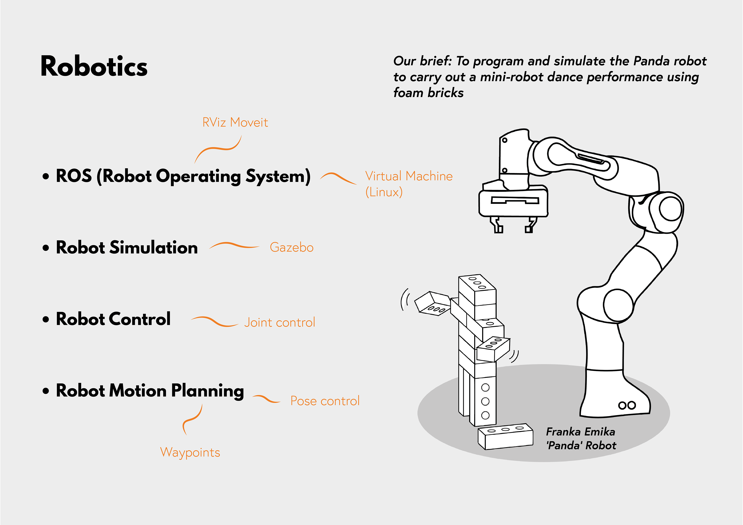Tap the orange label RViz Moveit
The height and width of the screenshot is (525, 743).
(235, 122)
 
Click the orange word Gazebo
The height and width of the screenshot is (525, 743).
(292, 248)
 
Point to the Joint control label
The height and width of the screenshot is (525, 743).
(280, 323)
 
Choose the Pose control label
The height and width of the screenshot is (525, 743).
(325, 401)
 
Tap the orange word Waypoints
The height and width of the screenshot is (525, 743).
(190, 452)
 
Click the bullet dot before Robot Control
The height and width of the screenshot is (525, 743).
(46, 319)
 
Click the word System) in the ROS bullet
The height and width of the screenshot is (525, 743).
(278, 176)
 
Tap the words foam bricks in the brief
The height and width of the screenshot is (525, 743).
(428, 93)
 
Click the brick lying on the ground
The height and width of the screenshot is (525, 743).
(505, 436)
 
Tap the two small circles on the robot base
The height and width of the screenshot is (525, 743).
(627, 405)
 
